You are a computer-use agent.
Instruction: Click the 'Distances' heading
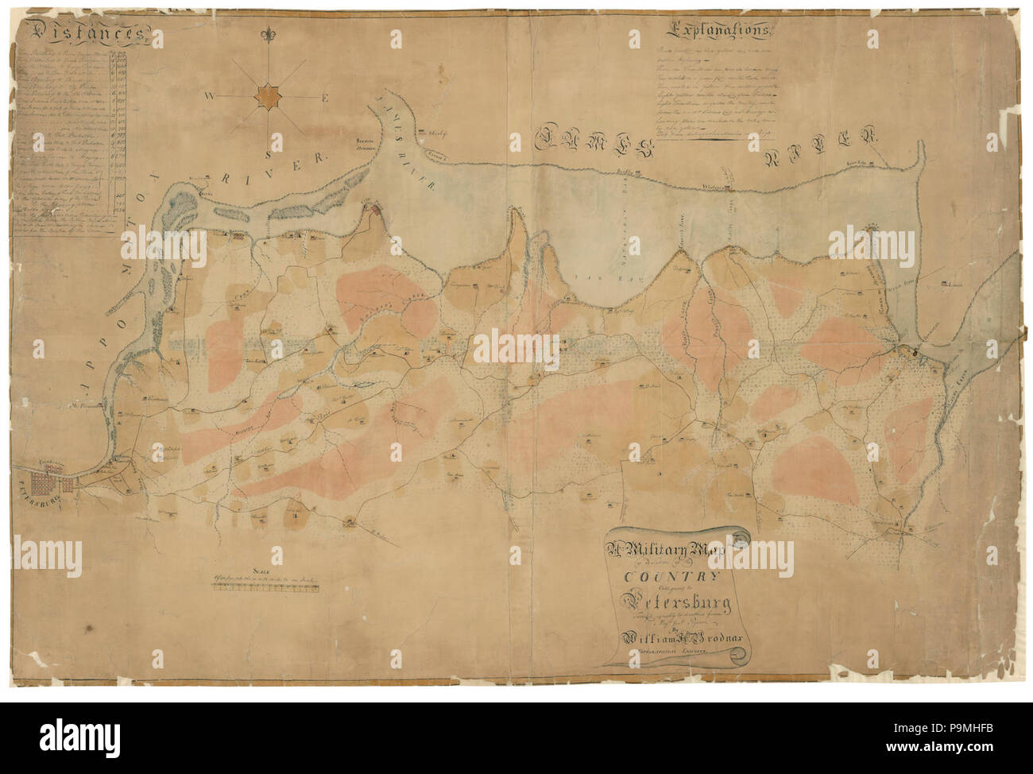pos(83,34)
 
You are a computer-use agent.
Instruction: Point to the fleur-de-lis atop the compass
pos(269,37)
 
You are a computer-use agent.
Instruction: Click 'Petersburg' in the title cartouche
pos(667,603)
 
